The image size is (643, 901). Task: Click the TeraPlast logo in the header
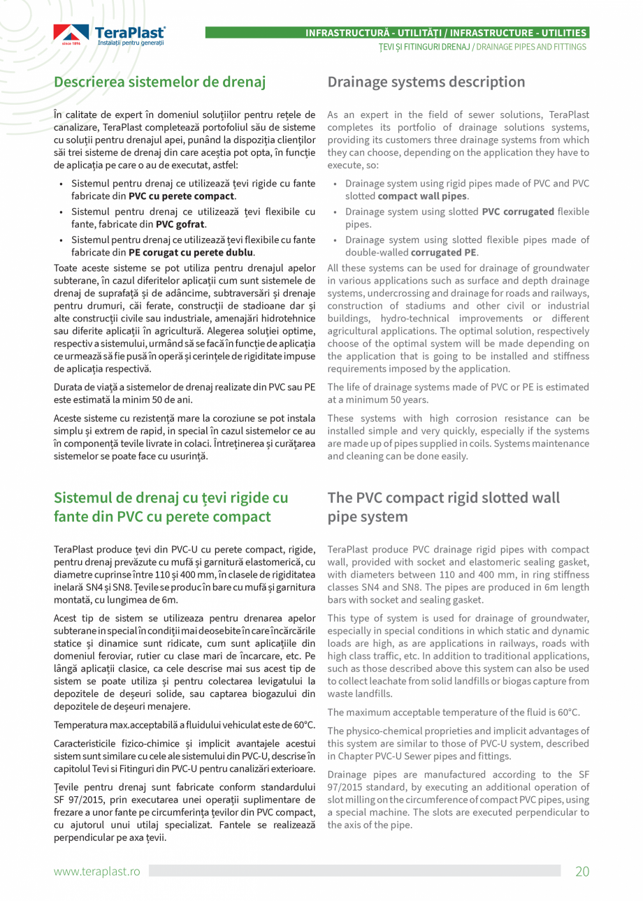coord(110,35)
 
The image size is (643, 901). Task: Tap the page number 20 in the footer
coord(582,871)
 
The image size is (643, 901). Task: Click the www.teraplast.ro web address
coord(97,871)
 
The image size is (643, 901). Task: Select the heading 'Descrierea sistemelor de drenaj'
coord(160,82)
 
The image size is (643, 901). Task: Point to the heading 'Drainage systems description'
coord(426,82)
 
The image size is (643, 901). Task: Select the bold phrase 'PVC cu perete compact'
coord(182,196)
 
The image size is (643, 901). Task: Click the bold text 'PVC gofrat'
coord(180,224)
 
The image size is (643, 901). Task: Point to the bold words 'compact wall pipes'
coord(422,196)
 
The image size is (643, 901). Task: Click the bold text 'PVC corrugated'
coord(518,211)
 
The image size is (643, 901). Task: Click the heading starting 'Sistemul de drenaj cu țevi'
coord(171,507)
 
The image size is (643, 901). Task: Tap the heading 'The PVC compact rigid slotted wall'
coord(443,498)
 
